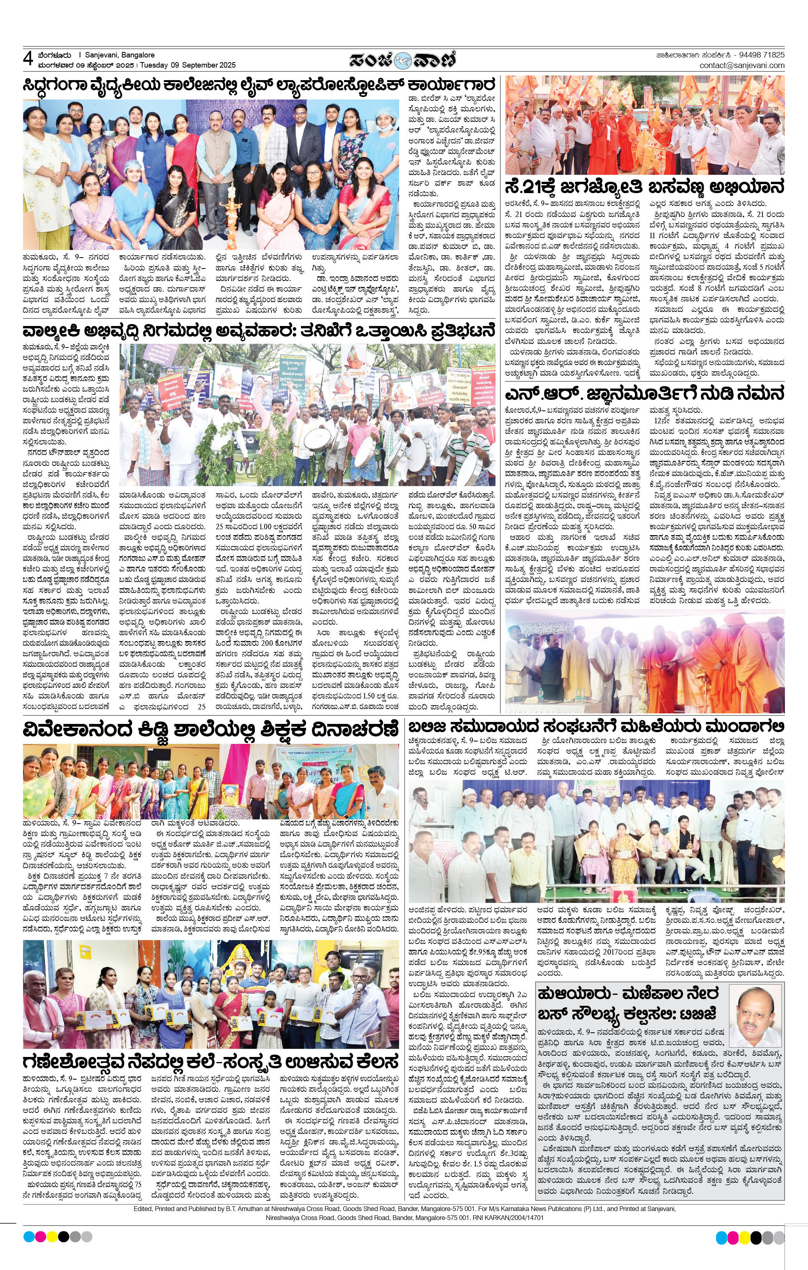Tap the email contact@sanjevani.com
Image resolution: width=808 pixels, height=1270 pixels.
coord(742,65)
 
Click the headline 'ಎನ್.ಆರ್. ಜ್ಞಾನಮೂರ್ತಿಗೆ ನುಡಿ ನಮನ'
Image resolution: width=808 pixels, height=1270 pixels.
coord(645,394)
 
